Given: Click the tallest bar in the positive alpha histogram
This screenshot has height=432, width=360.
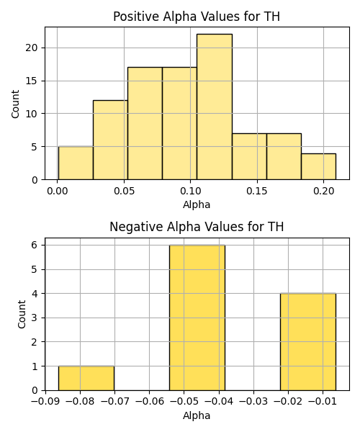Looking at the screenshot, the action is click(x=215, y=107).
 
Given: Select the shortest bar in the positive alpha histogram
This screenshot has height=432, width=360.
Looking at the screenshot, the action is click(x=318, y=167).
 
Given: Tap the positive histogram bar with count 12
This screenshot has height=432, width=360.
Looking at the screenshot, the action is click(x=110, y=140).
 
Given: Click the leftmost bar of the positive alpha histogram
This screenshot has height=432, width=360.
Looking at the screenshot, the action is click(x=76, y=163).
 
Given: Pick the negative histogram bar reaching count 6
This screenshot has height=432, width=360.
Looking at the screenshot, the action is click(x=197, y=318).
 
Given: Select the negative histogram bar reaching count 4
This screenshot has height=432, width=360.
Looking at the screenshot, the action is click(x=308, y=342).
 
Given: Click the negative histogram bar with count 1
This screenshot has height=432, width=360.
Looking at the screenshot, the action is click(x=86, y=378).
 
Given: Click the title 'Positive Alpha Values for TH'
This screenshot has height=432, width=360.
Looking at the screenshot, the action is click(x=197, y=17).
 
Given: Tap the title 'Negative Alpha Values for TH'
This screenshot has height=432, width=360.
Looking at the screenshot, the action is click(x=197, y=227).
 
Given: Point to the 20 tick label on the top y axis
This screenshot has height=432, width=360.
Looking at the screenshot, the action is click(x=31, y=48).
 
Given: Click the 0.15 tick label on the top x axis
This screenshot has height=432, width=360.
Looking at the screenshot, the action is click(x=257, y=191).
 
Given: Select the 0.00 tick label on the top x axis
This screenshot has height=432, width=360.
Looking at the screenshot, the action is click(x=58, y=191).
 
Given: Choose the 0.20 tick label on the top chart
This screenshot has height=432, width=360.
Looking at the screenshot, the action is click(x=324, y=191).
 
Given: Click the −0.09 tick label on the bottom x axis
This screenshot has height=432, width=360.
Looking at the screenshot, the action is click(x=45, y=402).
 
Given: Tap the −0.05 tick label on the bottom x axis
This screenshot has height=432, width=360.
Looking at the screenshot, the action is click(x=184, y=402).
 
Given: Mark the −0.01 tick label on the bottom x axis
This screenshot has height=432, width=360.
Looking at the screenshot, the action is click(x=323, y=402).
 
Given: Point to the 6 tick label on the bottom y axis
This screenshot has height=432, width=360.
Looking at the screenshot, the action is click(x=35, y=246).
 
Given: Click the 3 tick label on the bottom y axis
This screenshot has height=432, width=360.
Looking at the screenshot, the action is click(x=35, y=318).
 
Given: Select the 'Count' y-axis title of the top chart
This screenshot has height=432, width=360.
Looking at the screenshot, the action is click(x=15, y=104).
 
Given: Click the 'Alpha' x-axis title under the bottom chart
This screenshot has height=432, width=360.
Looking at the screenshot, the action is click(x=197, y=415).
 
